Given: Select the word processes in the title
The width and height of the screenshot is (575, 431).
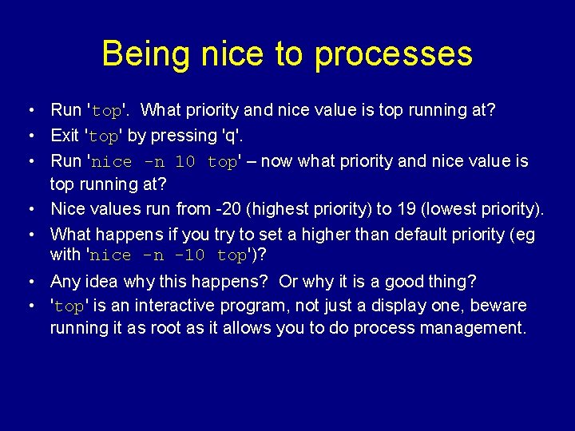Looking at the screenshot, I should click(x=394, y=54).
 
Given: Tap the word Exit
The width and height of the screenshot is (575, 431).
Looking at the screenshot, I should click(x=65, y=136).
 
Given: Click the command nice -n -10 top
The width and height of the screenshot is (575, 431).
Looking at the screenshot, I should click(x=169, y=256).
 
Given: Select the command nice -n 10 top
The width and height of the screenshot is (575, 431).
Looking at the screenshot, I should click(x=165, y=162).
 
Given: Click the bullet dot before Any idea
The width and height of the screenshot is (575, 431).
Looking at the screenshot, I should click(x=28, y=283).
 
